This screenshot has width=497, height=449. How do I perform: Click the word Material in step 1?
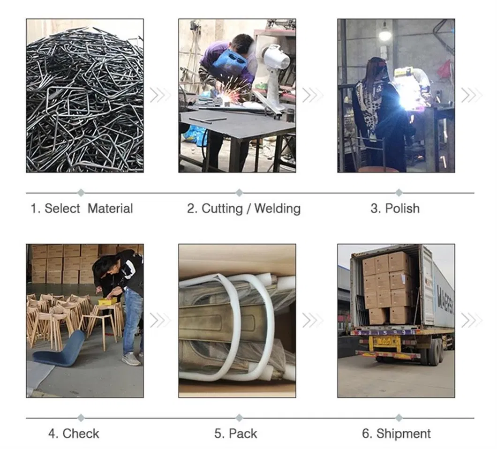point(110,209)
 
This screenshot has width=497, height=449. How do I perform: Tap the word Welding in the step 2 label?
point(278,209)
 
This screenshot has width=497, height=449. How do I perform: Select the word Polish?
point(402,209)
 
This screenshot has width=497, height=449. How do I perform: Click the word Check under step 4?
point(81,434)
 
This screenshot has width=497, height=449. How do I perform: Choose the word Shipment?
point(403,434)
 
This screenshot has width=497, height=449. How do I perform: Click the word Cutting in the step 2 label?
point(222,209)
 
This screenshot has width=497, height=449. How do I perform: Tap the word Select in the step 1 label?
point(62,209)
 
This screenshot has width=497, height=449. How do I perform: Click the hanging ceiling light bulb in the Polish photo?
point(385,33)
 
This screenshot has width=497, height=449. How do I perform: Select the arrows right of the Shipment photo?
point(472,320)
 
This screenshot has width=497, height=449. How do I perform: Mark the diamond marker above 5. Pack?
point(239,418)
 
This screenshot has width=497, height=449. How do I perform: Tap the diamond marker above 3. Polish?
point(399,193)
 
